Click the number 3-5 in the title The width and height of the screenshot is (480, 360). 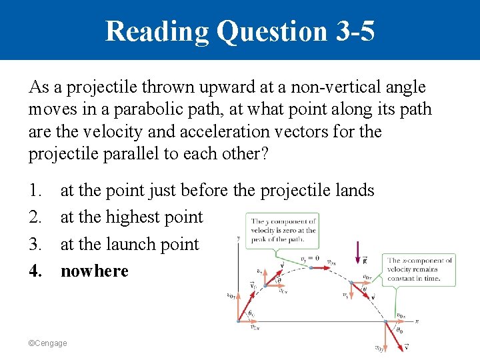[351, 31]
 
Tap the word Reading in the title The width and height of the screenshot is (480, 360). [157, 31]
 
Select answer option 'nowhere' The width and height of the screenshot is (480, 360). [94, 271]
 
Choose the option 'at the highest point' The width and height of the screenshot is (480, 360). [131, 217]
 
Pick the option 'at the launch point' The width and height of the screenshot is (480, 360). [129, 245]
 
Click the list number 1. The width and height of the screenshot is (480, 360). [35, 191]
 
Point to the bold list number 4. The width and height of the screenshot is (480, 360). [35, 271]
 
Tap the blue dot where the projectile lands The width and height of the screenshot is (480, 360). [387, 321]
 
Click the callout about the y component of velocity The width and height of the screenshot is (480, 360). [283, 231]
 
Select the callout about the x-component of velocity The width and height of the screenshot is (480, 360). [421, 269]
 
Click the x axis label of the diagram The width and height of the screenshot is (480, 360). [417, 321]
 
